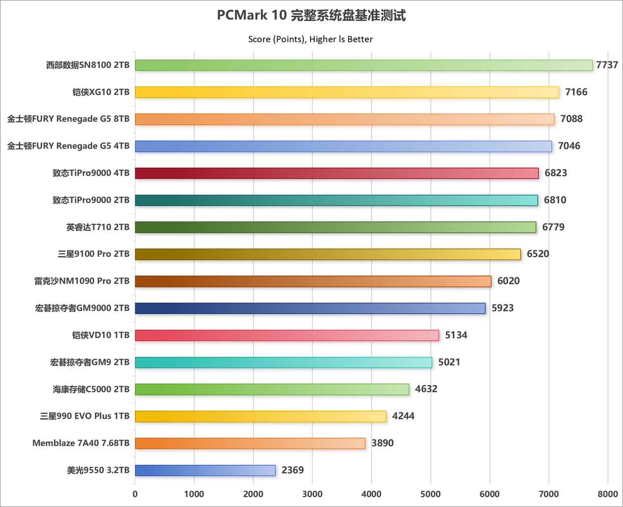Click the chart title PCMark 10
(x=311, y=16)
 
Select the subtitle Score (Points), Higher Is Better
(x=310, y=39)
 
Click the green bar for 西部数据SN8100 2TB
(x=364, y=65)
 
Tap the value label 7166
(x=576, y=92)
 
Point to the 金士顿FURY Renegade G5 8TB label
(x=68, y=119)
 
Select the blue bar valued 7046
(x=343, y=146)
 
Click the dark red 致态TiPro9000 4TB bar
(x=337, y=173)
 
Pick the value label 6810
(x=555, y=200)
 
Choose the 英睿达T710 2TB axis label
(x=98, y=227)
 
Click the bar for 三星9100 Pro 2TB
(x=328, y=254)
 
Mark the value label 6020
(x=508, y=281)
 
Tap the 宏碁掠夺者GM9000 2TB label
(x=82, y=308)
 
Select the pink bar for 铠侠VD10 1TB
(x=287, y=335)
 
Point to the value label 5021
(x=449, y=362)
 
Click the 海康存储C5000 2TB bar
(x=272, y=389)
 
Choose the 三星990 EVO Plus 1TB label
(x=85, y=416)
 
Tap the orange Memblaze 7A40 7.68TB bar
(x=250, y=443)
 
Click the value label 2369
(x=292, y=470)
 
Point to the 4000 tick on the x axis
(x=371, y=494)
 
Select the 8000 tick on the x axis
(x=607, y=494)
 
